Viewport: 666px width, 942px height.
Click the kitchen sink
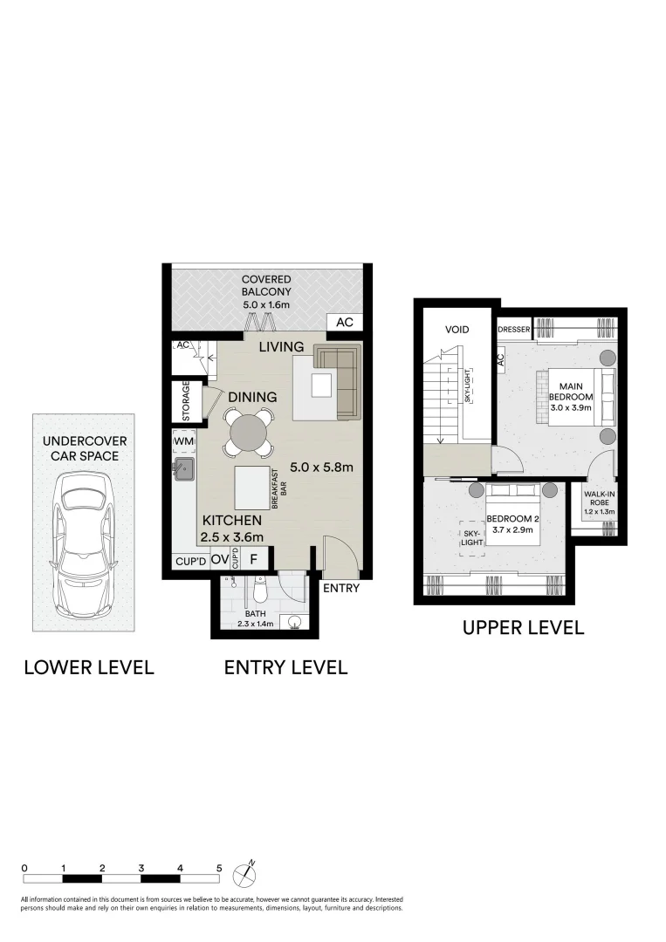pos(185,472)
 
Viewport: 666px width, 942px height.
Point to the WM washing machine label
pos(183,442)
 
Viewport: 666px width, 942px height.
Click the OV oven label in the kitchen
pos(219,560)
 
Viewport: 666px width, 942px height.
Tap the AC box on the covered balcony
pos(345,323)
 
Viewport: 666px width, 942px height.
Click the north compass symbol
pos(249,869)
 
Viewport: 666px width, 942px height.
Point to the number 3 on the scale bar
pos(141,869)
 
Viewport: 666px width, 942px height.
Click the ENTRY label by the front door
pos(341,588)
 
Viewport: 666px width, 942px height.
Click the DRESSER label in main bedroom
pos(513,330)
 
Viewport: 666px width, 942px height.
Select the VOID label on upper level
pos(457,330)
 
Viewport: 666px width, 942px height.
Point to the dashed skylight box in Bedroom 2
pos(471,539)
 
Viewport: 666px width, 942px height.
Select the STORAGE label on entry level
pos(185,400)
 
